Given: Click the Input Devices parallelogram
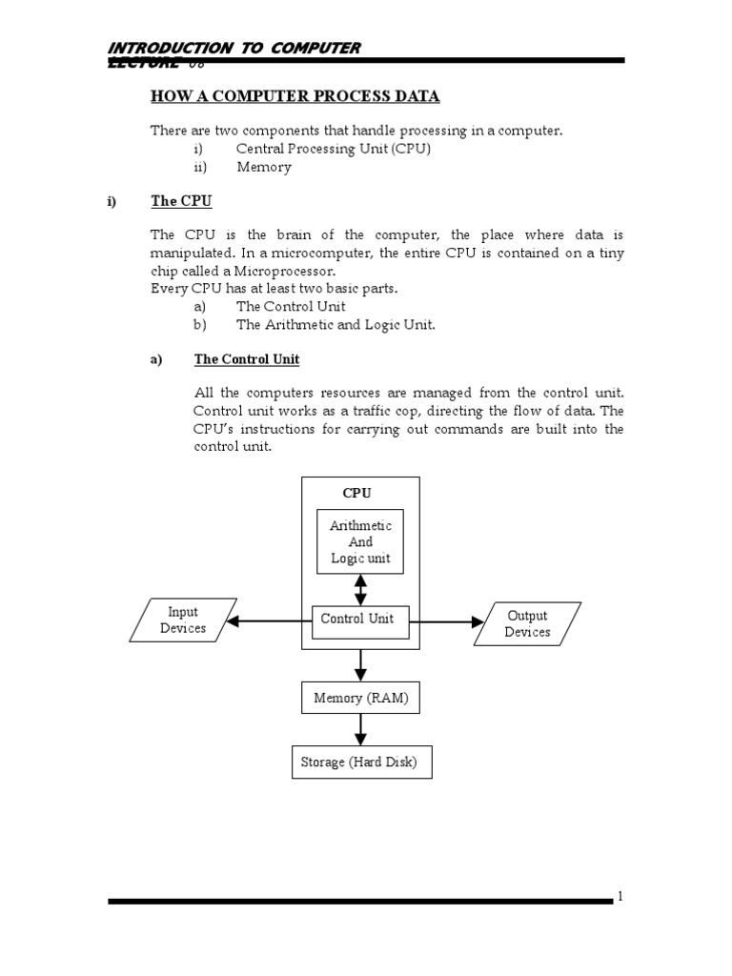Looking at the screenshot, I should [182, 620].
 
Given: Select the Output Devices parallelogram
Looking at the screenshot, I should [527, 623].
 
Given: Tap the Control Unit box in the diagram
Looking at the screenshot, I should [357, 619].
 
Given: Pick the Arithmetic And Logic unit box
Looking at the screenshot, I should [360, 541].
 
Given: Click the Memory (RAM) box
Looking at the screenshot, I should [360, 699].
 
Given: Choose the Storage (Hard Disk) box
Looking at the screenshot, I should [360, 762].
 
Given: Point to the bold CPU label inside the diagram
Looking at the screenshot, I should [357, 493].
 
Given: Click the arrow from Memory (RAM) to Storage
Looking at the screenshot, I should [360, 730].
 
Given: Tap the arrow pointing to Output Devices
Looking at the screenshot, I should [447, 622].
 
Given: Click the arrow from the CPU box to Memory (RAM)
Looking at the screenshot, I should [360, 665].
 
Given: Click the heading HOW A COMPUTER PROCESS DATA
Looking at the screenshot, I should [295, 96].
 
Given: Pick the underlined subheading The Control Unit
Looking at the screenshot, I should [247, 359].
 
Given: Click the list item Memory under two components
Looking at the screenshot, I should [264, 167].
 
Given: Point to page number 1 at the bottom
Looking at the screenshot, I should [620, 897].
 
